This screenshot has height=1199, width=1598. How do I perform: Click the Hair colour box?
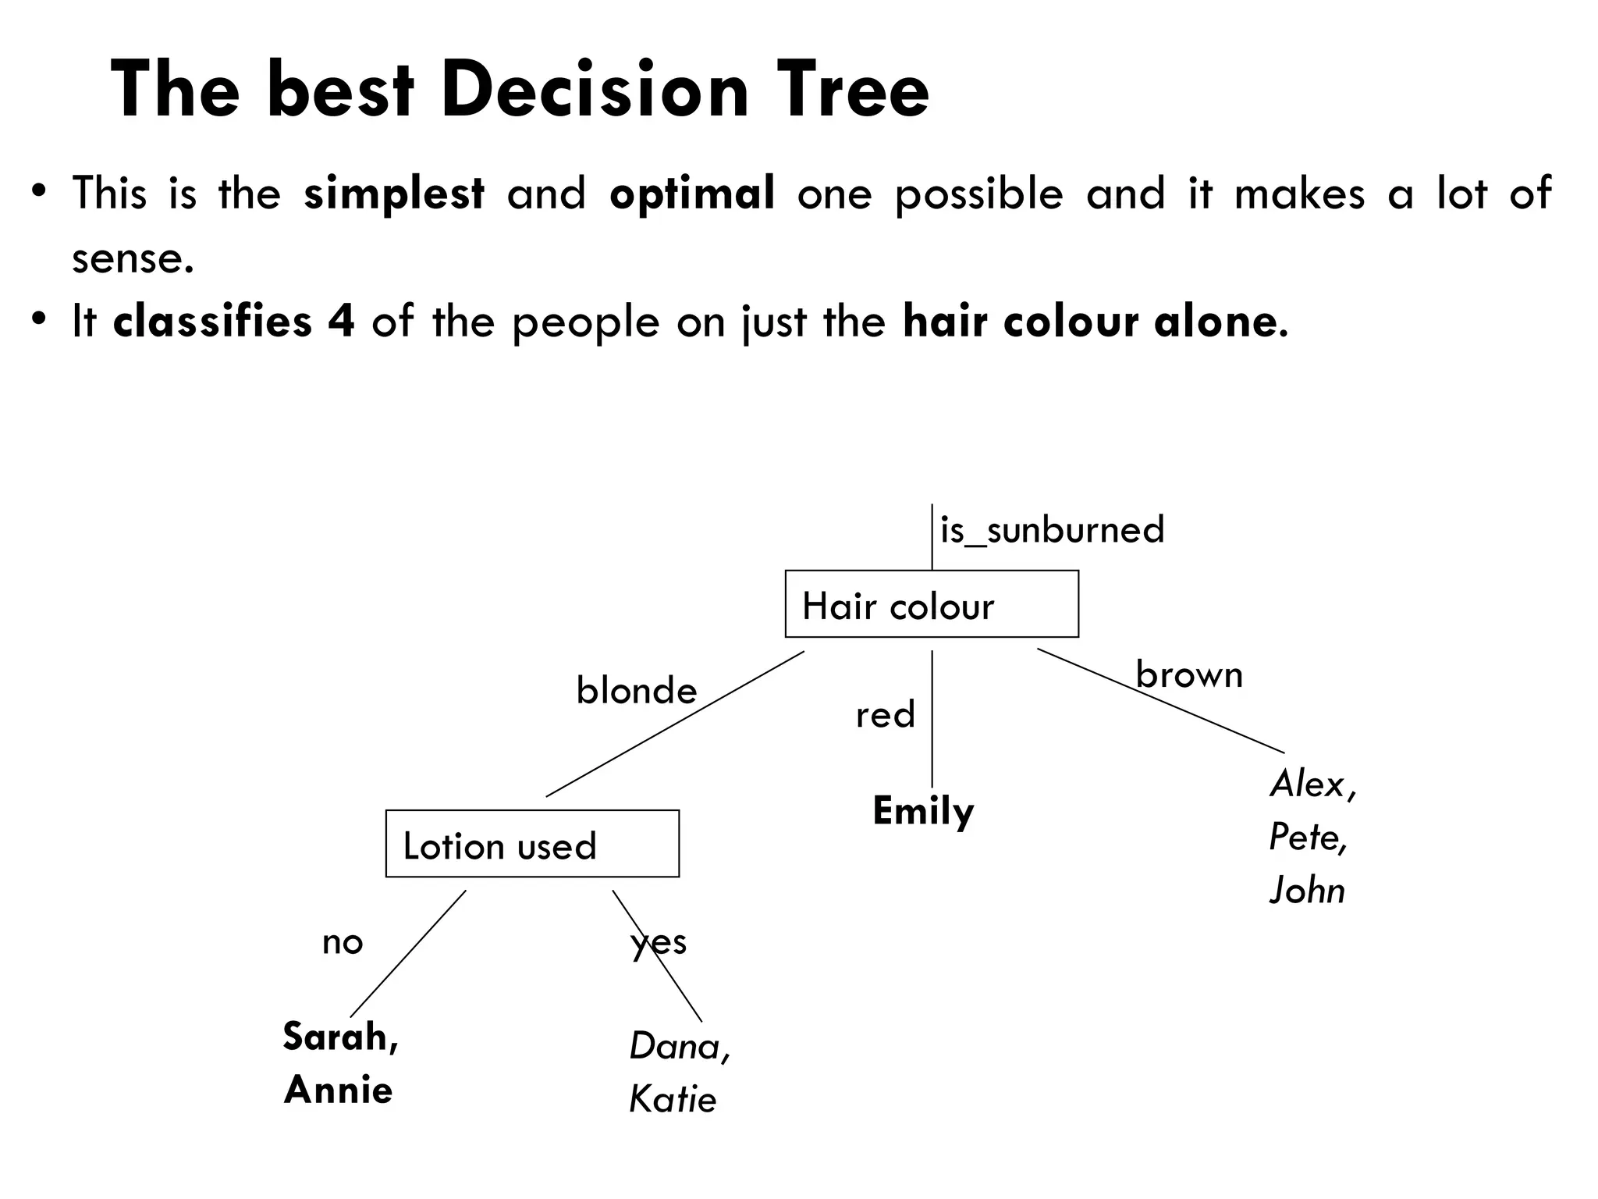click(932, 604)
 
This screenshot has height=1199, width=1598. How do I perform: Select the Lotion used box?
click(532, 844)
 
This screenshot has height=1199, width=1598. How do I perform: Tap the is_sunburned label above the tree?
click(1052, 530)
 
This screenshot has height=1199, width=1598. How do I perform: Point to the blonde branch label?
click(637, 691)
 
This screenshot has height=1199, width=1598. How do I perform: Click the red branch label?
click(885, 715)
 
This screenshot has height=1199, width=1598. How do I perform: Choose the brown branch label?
click(1189, 674)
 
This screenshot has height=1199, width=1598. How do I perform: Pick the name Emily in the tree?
click(923, 811)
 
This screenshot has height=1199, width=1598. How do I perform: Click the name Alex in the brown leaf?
click(1308, 784)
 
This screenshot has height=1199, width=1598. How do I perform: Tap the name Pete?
click(1305, 837)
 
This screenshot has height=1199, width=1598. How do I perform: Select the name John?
click(1307, 890)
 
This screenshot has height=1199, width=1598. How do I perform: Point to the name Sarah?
click(336, 1037)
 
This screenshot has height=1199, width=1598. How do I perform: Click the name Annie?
click(338, 1090)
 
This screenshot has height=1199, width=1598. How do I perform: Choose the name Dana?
click(675, 1046)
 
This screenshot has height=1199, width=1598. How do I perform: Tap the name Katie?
click(673, 1100)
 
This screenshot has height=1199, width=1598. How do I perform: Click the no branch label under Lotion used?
click(343, 943)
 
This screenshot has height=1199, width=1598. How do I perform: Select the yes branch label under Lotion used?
click(659, 943)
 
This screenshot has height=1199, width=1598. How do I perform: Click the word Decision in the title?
click(595, 91)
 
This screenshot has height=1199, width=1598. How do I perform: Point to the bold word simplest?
click(394, 193)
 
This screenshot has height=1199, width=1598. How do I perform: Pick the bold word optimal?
click(692, 193)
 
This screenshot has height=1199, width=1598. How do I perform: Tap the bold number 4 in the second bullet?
click(341, 321)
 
